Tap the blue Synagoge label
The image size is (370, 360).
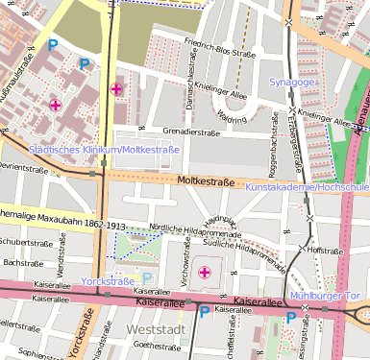pos(293,83)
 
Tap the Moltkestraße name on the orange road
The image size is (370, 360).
pos(207,180)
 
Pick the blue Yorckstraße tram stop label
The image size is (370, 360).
pos(107,282)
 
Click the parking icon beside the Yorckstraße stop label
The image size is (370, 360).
pos(147,278)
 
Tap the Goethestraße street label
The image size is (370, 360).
pos(156,344)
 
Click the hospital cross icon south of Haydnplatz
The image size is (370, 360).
pos(204,274)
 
